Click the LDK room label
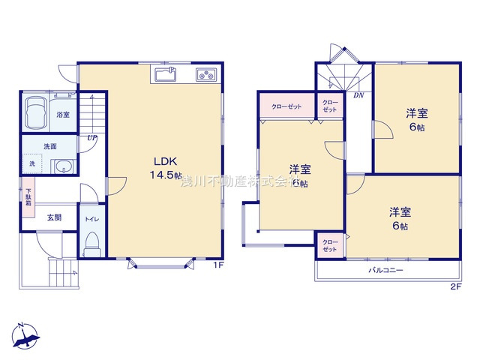click(166, 160)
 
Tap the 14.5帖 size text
click(166, 174)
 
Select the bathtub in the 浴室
click(36, 114)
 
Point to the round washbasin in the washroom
click(64, 167)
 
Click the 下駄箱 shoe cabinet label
click(28, 196)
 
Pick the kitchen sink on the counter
click(166, 73)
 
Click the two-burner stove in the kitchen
click(205, 73)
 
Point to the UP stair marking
click(91, 139)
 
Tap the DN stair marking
click(360, 95)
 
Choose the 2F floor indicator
click(455, 286)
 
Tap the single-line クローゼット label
click(286, 106)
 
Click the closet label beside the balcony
click(330, 244)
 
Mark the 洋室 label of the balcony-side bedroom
click(399, 211)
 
